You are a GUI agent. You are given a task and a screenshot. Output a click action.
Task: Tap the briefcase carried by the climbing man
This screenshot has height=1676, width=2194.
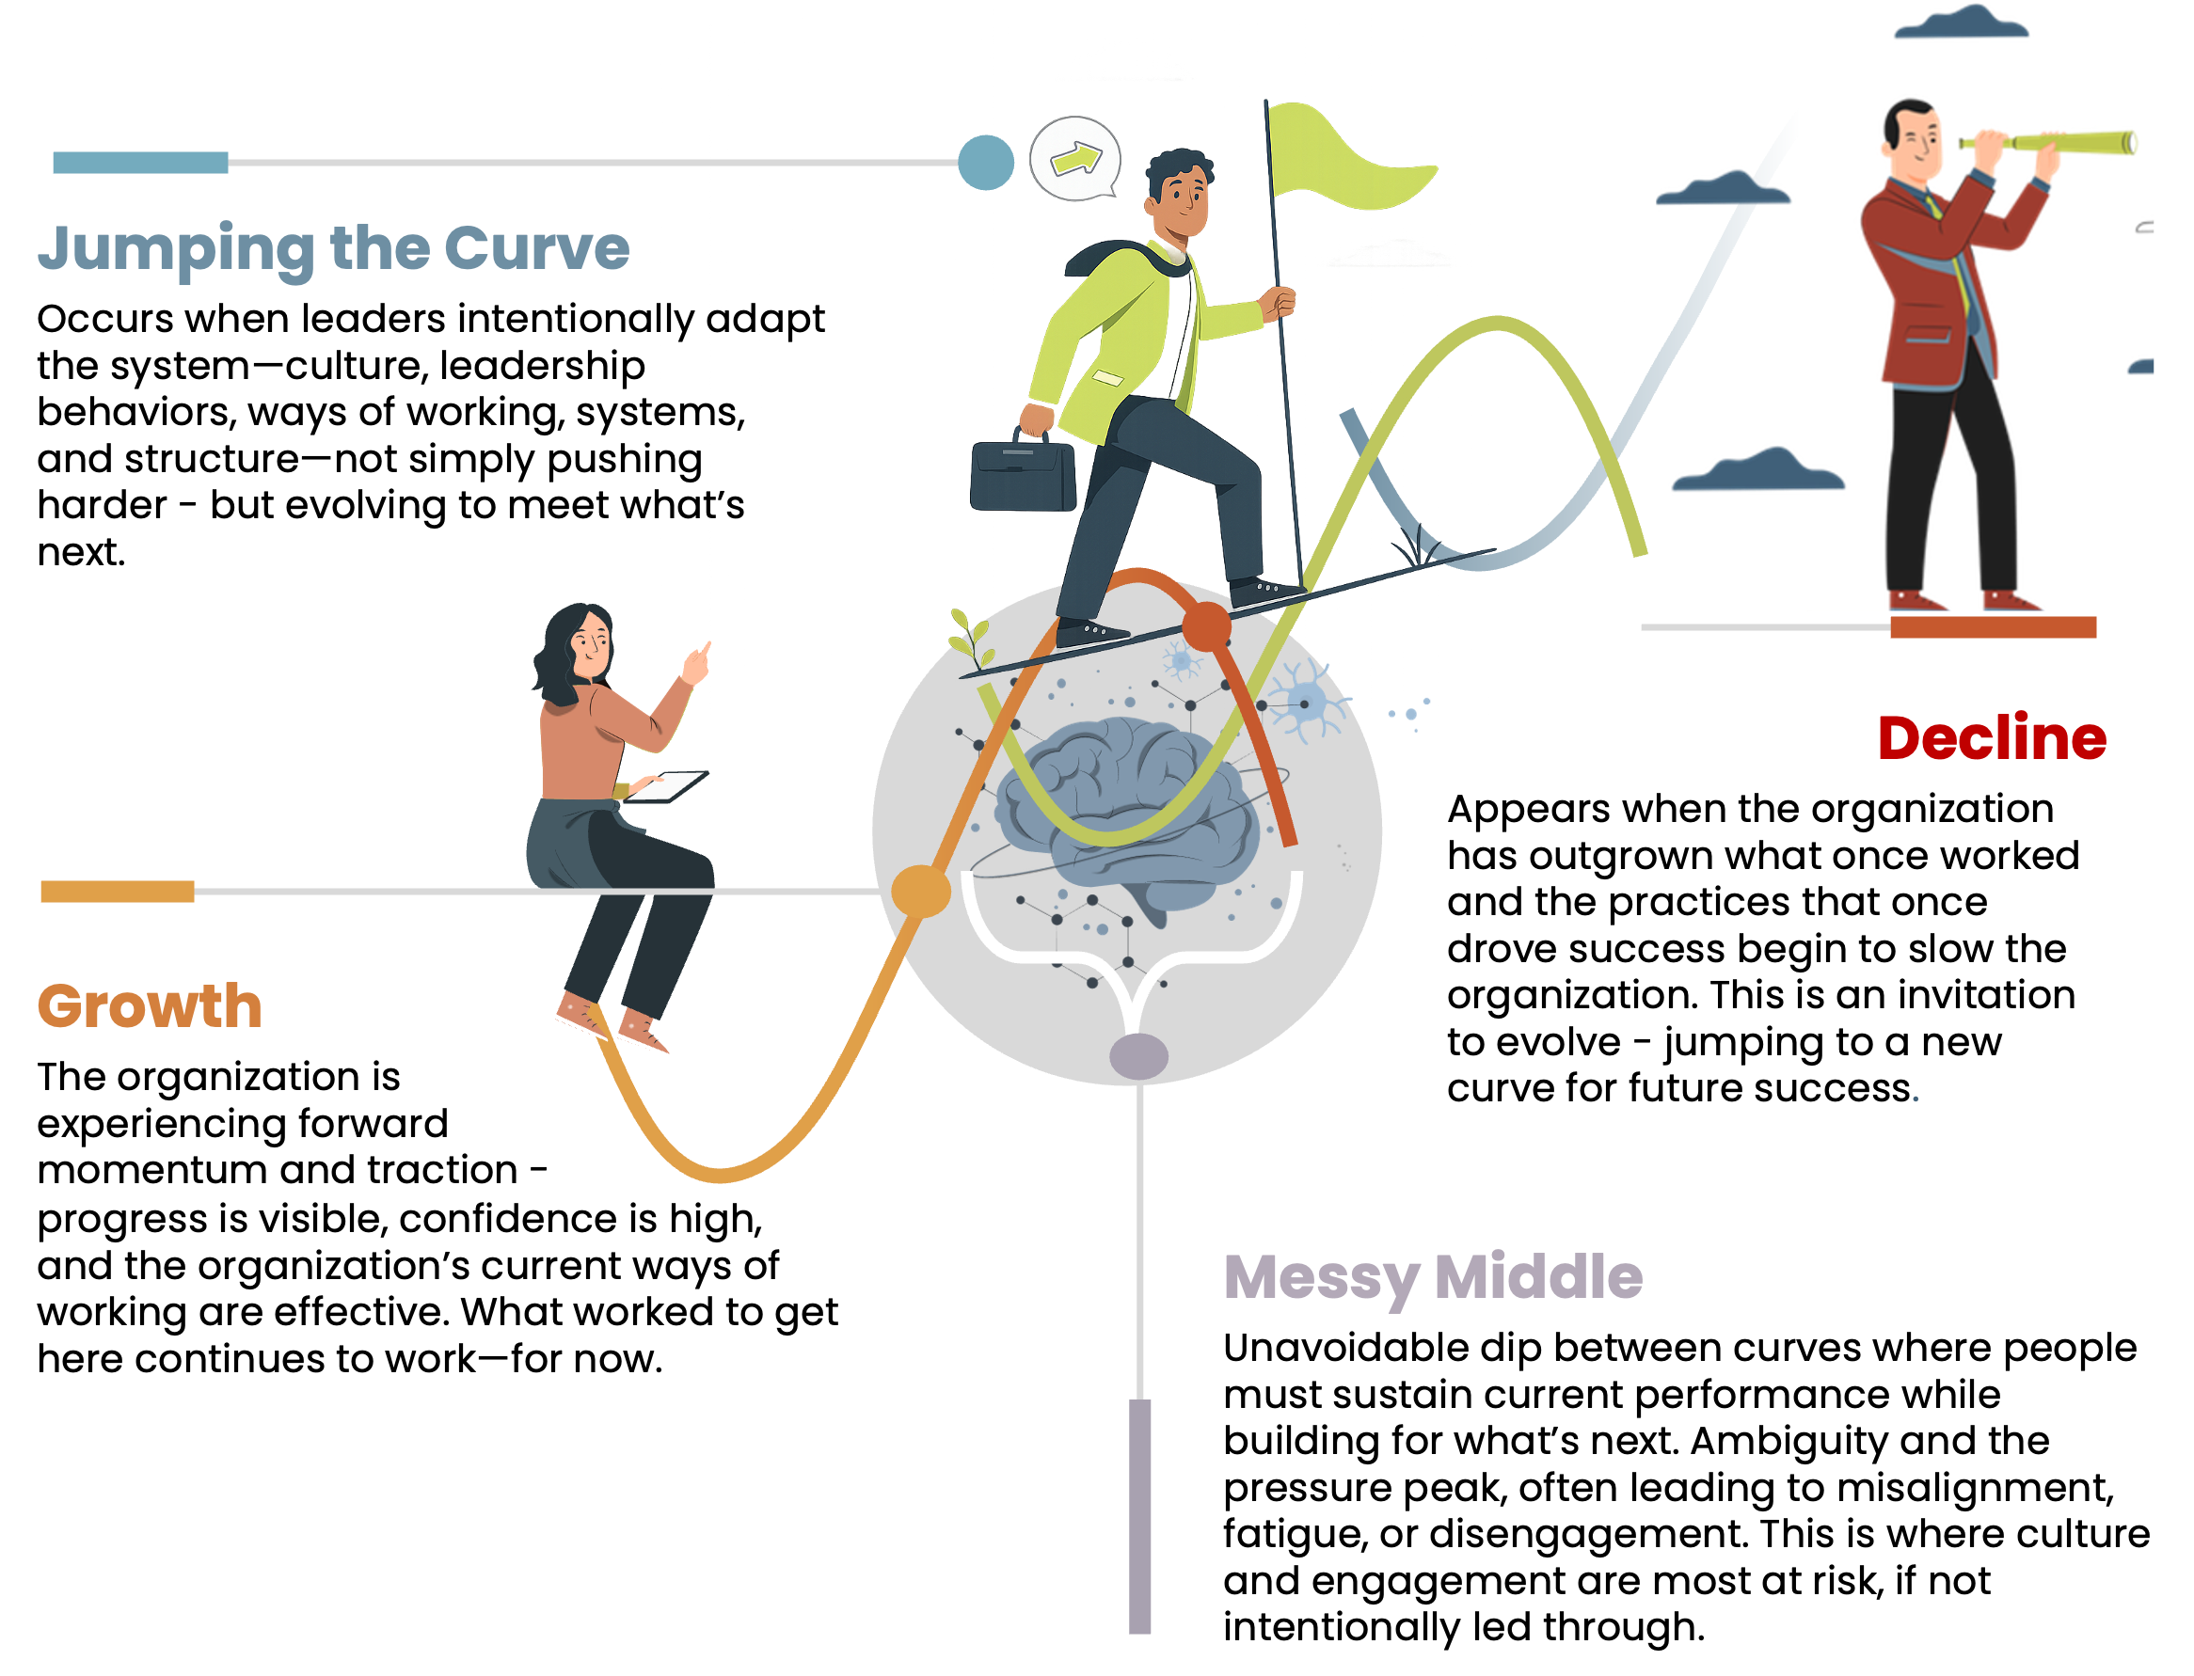[1022, 474]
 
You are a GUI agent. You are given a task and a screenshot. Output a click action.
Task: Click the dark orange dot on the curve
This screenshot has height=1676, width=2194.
[1206, 625]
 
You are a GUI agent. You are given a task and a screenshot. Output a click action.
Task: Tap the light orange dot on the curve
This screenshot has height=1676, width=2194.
[920, 891]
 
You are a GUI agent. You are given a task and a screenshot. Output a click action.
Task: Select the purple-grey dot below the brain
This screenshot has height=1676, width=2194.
[1138, 1055]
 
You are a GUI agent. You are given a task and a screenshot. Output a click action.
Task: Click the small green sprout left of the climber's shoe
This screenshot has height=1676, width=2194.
[971, 639]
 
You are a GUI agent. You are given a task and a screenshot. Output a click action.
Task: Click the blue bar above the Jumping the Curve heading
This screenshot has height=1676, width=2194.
[139, 166]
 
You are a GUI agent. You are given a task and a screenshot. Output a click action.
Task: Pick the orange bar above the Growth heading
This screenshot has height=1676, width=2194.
[117, 891]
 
